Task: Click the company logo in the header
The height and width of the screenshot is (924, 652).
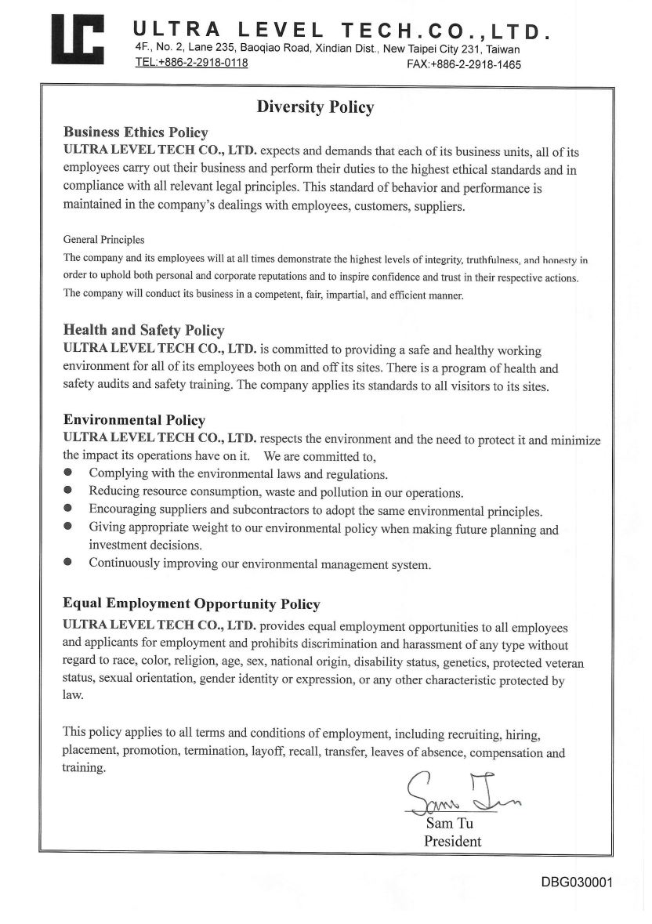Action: pyautogui.click(x=78, y=40)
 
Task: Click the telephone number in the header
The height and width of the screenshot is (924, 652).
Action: pyautogui.click(x=192, y=63)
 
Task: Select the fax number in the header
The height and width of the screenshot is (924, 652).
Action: pyautogui.click(x=464, y=65)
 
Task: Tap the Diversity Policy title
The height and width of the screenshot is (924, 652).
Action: pyautogui.click(x=316, y=107)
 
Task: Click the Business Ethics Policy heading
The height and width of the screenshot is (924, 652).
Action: pyautogui.click(x=136, y=132)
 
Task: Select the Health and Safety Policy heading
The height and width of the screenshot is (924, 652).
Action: pyautogui.click(x=143, y=331)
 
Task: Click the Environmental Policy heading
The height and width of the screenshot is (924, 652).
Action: pyautogui.click(x=134, y=420)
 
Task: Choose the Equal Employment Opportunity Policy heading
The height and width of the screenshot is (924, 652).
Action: pyautogui.click(x=191, y=604)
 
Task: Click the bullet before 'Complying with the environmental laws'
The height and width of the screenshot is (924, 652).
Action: pyautogui.click(x=68, y=473)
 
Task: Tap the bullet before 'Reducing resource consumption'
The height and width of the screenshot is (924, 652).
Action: pyautogui.click(x=68, y=491)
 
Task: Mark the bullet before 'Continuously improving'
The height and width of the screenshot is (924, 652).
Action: pyautogui.click(x=68, y=563)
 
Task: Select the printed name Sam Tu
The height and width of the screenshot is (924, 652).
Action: pyautogui.click(x=449, y=824)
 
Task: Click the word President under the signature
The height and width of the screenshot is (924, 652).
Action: pyautogui.click(x=452, y=842)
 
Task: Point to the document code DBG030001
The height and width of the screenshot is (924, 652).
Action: pyautogui.click(x=577, y=882)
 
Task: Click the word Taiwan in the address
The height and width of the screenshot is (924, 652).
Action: pyautogui.click(x=503, y=49)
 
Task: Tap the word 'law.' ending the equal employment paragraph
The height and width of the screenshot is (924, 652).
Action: pyautogui.click(x=73, y=695)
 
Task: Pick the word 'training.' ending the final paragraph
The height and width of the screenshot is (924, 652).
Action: pyautogui.click(x=84, y=768)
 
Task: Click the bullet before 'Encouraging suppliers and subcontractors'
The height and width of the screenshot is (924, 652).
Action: pyautogui.click(x=68, y=509)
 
